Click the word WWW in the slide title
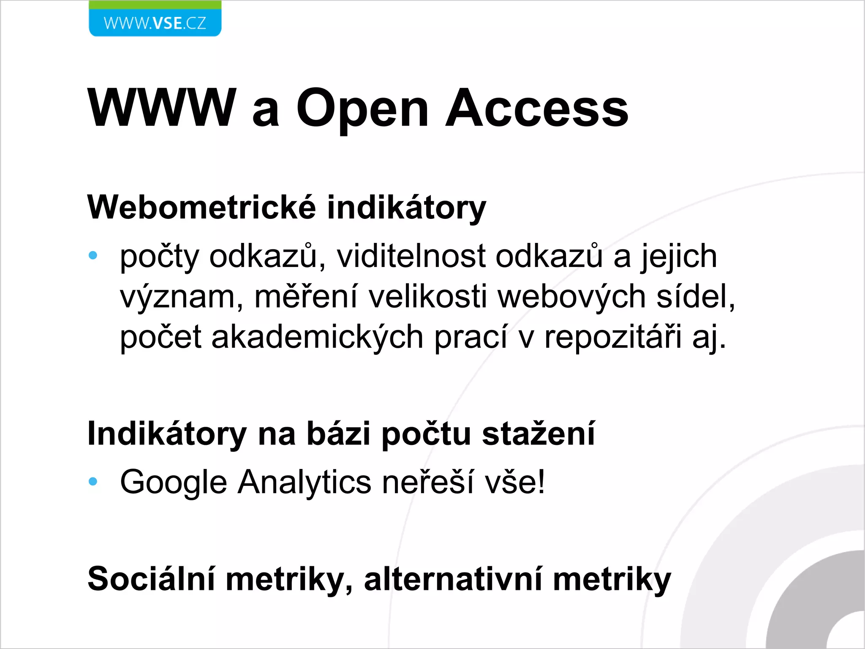162,108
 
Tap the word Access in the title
537,108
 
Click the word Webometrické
201,207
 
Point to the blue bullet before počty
93,255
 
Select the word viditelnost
411,256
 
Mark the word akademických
317,337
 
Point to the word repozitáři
613,337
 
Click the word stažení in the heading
539,434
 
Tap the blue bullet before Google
93,481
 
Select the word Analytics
305,482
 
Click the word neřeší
428,482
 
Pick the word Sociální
152,579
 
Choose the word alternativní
453,579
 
